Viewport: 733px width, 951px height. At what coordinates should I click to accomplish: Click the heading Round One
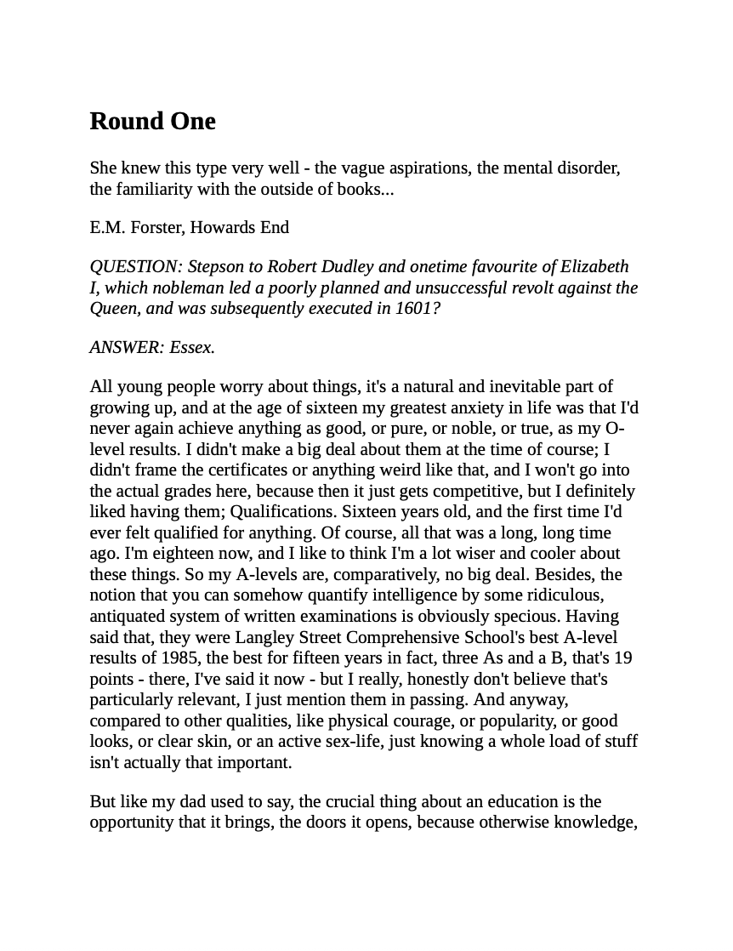pos(152,121)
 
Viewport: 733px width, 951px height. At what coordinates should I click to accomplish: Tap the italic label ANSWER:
pos(127,347)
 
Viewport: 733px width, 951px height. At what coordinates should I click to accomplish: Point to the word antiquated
pos(129,616)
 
